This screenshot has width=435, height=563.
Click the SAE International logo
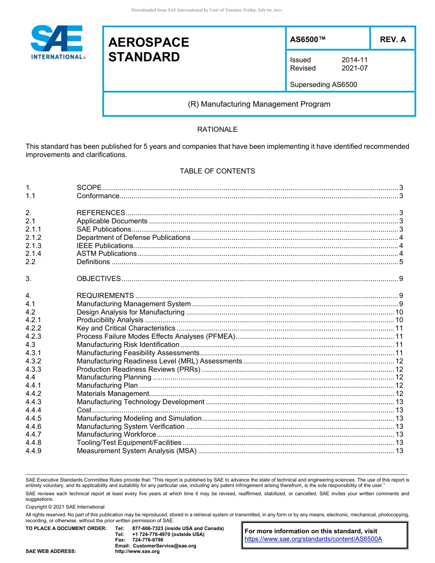57,42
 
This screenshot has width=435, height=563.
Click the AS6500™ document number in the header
308,39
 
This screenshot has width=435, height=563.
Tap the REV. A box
392,39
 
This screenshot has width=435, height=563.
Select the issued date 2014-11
354,60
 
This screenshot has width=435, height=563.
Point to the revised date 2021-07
354,68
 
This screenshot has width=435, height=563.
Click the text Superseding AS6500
323,84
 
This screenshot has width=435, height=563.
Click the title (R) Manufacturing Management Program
259,104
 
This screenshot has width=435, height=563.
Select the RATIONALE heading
217,130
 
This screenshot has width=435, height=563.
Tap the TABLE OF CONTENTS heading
217,171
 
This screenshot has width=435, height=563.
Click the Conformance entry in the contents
98,196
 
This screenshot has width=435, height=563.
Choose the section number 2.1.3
33,246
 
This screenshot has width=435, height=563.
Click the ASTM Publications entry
106,254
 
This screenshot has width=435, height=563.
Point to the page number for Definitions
401,262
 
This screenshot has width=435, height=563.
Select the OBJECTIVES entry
98,279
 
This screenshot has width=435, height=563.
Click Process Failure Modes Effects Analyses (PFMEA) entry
156,336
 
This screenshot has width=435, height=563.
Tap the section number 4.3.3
33,369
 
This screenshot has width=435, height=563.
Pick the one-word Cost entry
84,410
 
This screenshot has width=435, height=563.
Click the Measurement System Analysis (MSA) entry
136,451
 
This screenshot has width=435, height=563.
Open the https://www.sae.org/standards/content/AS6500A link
313,539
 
